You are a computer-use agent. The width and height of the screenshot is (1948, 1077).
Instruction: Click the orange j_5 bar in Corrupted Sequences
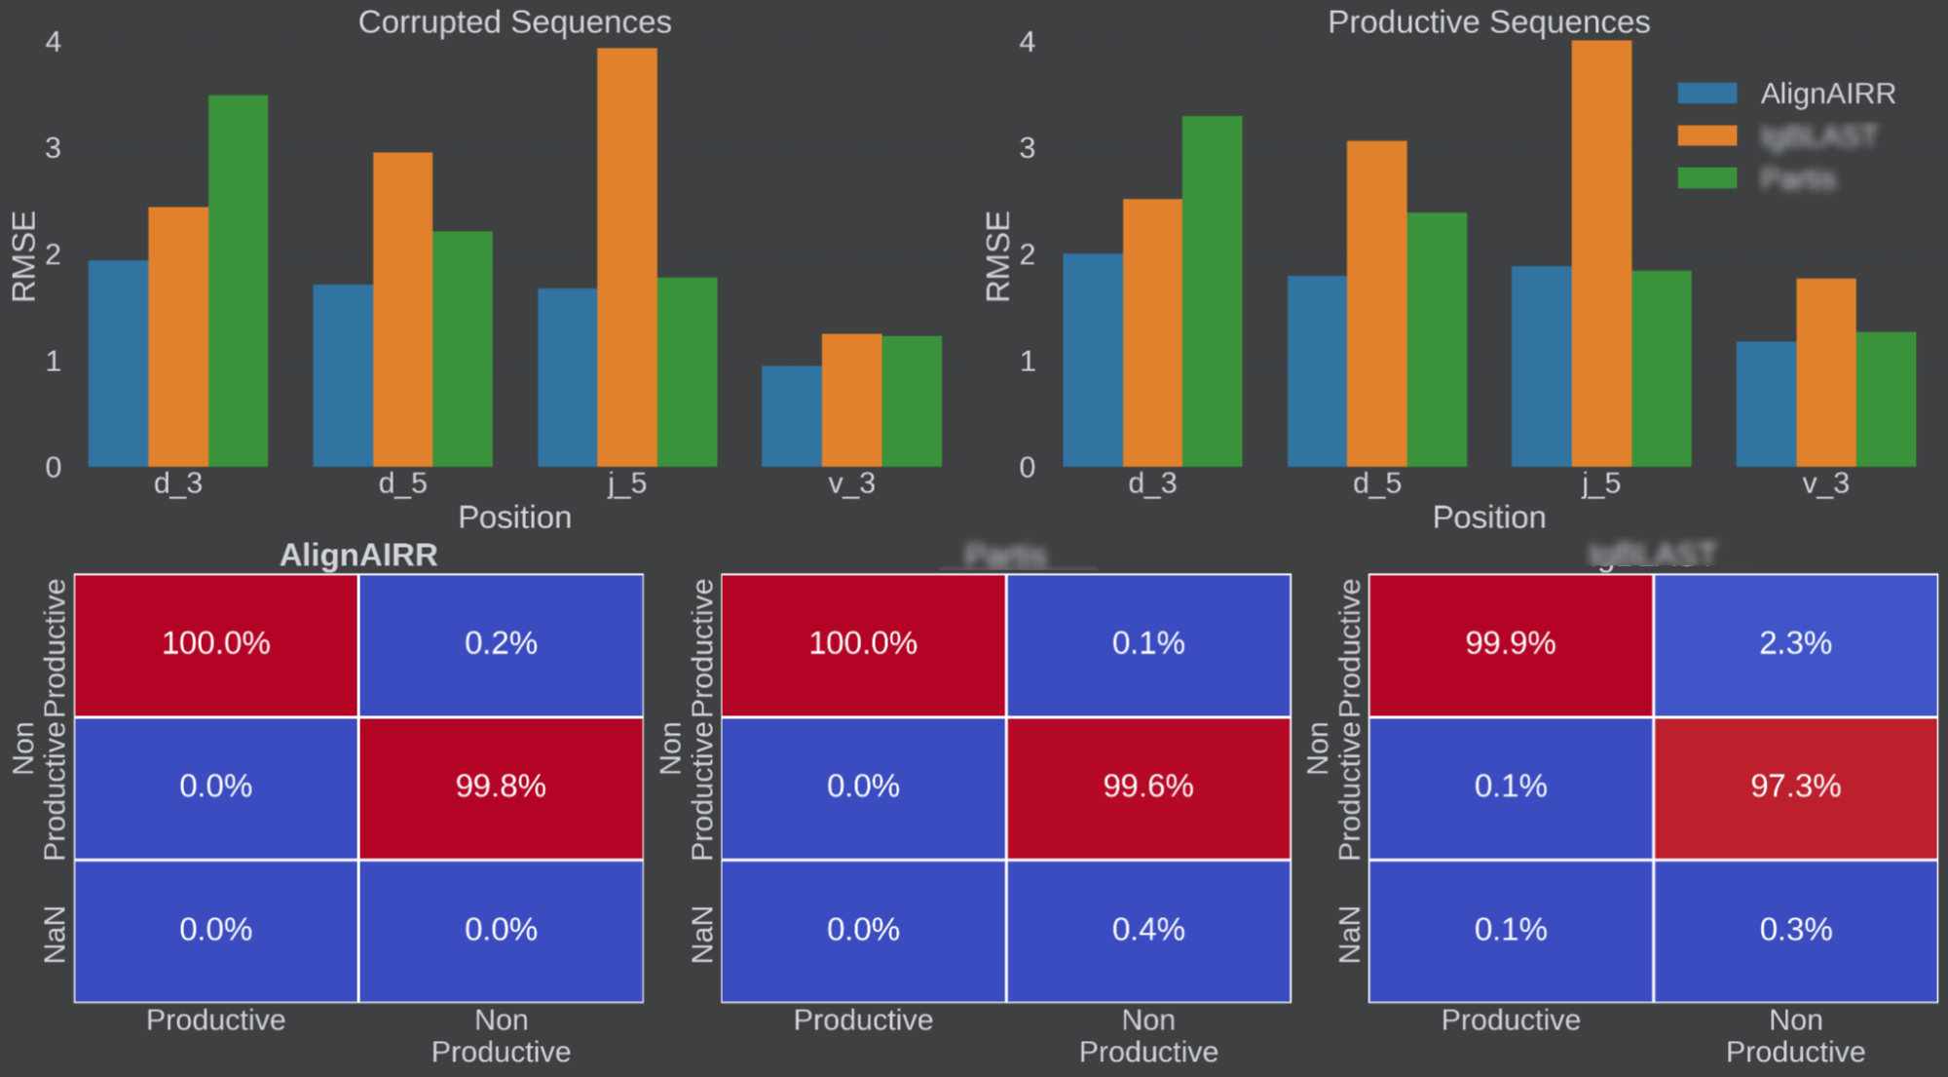click(627, 257)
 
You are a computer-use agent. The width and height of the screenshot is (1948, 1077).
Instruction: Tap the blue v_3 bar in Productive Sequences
click(1766, 404)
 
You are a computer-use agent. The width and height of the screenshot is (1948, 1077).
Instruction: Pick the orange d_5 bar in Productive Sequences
click(1376, 303)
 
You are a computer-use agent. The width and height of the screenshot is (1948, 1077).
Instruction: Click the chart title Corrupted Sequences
click(514, 21)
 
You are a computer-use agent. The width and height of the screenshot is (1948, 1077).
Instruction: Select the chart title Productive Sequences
click(1488, 21)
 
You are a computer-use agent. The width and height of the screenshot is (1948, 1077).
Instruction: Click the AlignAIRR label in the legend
click(1827, 94)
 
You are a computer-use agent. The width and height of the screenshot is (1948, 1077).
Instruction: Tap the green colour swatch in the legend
click(1706, 178)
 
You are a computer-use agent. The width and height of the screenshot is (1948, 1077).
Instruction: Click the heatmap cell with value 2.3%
click(1795, 644)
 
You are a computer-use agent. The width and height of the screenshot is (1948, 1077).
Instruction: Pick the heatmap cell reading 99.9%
click(1511, 644)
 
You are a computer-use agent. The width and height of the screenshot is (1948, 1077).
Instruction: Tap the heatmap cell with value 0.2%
click(501, 644)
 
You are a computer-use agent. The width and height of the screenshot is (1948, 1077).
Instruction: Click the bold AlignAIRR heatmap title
click(358, 555)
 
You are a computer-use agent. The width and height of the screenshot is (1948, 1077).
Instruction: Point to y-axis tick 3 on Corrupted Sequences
click(53, 148)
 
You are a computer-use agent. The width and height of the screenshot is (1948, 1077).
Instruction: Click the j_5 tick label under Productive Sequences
click(1600, 483)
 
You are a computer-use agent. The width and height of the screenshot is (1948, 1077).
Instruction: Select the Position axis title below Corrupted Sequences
click(514, 518)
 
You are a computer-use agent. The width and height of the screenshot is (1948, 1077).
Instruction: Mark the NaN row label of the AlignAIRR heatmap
click(55, 934)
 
